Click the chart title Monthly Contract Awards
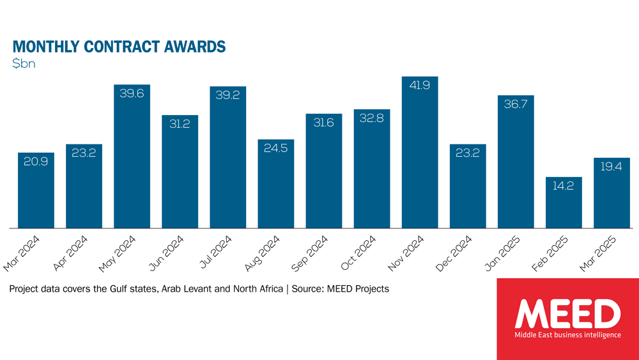point(119,47)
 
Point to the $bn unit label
point(26,65)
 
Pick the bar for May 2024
point(132,156)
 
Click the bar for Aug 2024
point(275,184)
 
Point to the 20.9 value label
point(36,162)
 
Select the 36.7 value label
point(516,105)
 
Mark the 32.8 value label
point(371,119)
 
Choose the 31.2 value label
point(180,125)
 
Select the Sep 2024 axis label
point(312,253)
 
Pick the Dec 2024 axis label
point(456,253)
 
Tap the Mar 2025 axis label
point(600,253)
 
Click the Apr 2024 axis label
point(72,253)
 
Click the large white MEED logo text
point(567,314)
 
